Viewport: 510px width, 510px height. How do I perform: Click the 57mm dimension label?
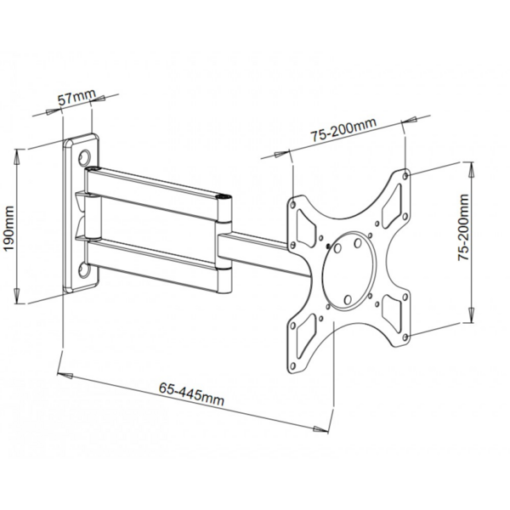[74, 98]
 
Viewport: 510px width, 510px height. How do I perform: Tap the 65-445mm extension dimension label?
[190, 394]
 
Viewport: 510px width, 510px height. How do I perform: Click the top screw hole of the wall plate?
[85, 157]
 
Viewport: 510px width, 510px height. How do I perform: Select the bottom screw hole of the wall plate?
[84, 271]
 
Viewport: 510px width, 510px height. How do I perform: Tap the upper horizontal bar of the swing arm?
[157, 188]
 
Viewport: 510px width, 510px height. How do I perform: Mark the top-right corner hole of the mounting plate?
[405, 175]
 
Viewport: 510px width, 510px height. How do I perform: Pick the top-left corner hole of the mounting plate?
[293, 205]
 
